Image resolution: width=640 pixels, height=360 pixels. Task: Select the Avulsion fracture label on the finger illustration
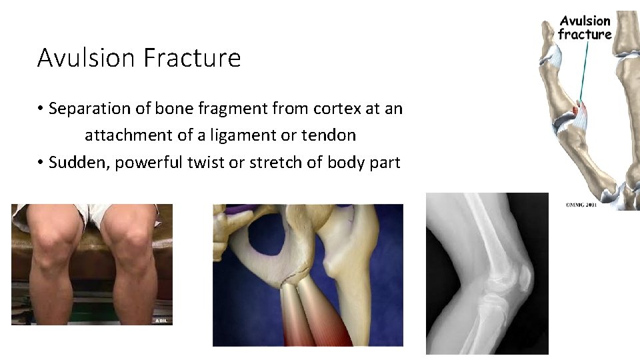(585, 27)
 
